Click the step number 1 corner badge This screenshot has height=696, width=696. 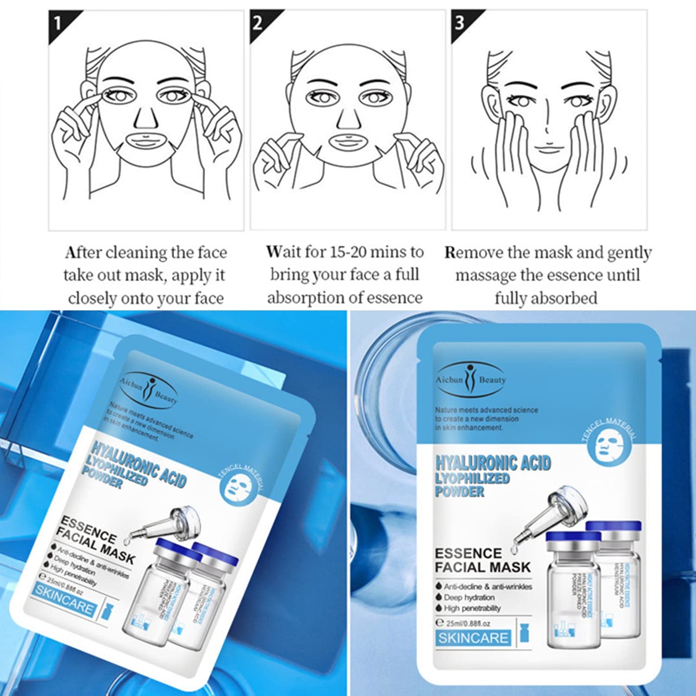(x=59, y=23)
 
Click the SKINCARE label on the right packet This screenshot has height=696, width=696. (x=473, y=638)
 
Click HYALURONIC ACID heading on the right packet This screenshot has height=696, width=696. (x=493, y=463)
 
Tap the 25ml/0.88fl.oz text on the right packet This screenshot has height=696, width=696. (x=467, y=623)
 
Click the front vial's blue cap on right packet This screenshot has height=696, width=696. (x=573, y=536)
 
